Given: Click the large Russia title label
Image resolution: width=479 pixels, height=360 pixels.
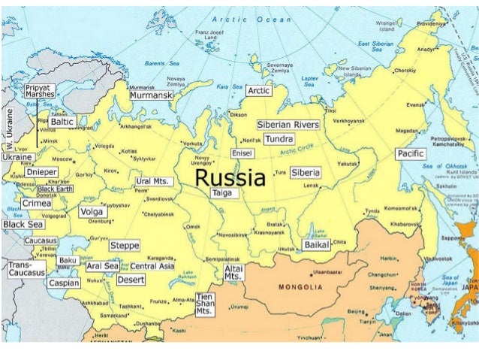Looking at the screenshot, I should click(230, 179).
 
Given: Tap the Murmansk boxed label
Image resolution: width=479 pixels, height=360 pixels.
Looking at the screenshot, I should click(151, 95).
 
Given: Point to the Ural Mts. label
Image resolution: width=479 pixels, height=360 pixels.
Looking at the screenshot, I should click(155, 182).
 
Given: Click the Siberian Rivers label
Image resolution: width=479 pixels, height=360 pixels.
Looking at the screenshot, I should click(288, 125).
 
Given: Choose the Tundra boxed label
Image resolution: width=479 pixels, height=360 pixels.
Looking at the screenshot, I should click(279, 139).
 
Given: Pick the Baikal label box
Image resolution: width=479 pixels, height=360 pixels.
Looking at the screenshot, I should click(315, 245).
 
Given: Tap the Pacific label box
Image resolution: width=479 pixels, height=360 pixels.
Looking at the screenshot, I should click(410, 154).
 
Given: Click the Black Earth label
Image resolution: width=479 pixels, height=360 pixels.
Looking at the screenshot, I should click(56, 189).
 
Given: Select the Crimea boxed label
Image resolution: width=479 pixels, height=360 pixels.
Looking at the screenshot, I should click(36, 203).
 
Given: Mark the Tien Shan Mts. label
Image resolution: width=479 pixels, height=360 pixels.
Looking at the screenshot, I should click(204, 303).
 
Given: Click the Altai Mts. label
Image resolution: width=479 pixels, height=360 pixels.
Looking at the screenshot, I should click(233, 272).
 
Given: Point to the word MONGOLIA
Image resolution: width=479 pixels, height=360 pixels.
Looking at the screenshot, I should click(300, 287).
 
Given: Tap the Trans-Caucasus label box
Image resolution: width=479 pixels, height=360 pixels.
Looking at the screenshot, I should click(26, 269).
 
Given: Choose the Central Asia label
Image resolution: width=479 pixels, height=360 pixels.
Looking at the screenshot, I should click(152, 266).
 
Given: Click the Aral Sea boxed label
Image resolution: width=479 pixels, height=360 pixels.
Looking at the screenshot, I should click(102, 266).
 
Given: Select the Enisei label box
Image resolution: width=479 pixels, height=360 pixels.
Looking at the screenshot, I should click(242, 153).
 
